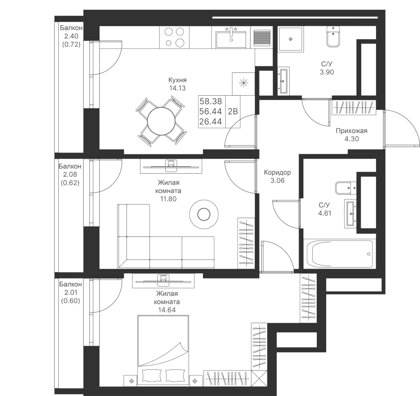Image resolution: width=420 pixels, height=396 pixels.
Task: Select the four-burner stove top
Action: pyautogui.click(x=174, y=37)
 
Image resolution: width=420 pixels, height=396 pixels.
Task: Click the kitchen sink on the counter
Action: pyautogui.click(x=231, y=36)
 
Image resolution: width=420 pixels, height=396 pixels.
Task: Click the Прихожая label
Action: pyautogui.click(x=351, y=131)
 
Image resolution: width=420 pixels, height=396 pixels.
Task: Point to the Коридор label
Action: pyautogui.click(x=277, y=173)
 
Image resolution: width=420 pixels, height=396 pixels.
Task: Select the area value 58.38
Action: pyautogui.click(x=210, y=101)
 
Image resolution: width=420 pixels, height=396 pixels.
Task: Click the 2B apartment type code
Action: pyautogui.click(x=232, y=111)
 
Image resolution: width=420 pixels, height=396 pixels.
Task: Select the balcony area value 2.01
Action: pyautogui.click(x=70, y=292)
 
